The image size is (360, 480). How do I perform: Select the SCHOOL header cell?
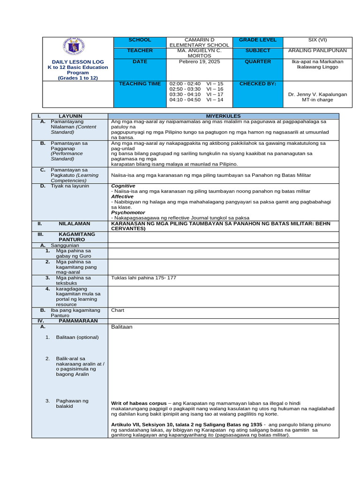point(140,40)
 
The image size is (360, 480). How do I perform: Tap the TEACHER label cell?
point(140,50)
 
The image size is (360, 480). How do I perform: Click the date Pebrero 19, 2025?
point(199,61)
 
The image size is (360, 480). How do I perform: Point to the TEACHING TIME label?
point(140,83)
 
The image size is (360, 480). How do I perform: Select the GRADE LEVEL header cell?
point(258,40)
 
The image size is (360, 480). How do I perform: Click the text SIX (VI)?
point(317,40)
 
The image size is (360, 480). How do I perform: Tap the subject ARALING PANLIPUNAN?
point(317,50)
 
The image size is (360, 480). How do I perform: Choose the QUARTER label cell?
point(258,61)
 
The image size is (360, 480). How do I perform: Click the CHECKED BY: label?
point(258,83)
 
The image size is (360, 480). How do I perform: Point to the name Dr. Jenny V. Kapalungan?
point(318,94)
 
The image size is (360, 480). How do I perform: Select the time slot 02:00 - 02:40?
point(185,83)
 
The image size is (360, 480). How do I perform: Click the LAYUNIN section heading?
point(70,116)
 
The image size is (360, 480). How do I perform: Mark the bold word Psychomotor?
point(127,212)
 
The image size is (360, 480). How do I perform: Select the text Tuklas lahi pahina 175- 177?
point(143,277)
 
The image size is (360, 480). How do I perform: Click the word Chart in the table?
point(117,310)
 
